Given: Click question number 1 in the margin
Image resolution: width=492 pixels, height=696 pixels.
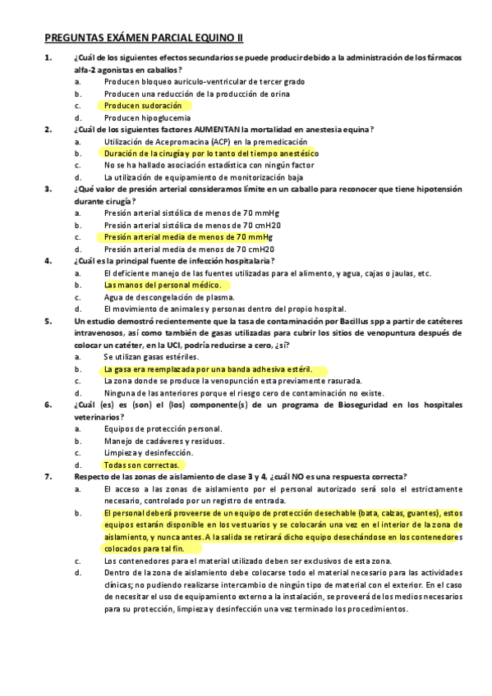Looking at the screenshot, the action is (48, 57).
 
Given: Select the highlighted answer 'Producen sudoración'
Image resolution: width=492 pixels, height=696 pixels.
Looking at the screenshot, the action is (143, 105).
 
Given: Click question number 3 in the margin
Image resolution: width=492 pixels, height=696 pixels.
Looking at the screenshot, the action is (48, 189).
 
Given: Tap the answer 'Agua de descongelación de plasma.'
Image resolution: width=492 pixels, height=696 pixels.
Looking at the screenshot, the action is (169, 296).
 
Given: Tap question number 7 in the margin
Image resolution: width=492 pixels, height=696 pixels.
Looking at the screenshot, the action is (48, 476).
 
